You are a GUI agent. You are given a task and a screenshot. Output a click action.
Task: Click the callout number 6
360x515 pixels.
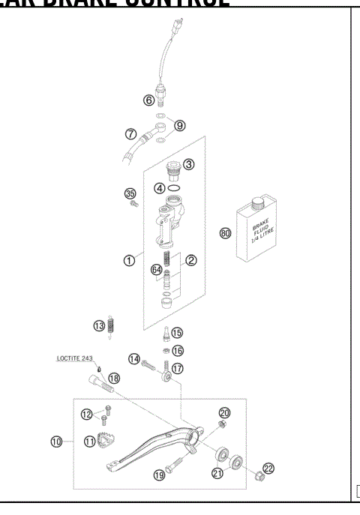(x=149, y=100)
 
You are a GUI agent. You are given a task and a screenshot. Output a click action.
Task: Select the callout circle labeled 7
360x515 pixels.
(x=130, y=135)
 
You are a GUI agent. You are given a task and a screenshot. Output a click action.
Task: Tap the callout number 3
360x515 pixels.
(x=189, y=164)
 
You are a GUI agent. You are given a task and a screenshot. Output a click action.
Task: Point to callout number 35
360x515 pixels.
(x=129, y=193)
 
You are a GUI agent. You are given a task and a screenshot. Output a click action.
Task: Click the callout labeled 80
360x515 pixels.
(x=225, y=232)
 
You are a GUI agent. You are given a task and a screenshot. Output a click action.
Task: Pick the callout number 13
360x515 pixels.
(x=99, y=325)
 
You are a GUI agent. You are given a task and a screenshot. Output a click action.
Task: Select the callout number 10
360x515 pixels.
(x=56, y=442)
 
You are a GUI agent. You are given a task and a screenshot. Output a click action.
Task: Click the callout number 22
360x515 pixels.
(x=268, y=468)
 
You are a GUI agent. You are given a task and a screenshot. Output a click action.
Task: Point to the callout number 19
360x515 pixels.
(x=158, y=475)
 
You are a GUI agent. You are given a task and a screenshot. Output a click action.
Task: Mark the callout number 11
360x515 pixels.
(x=90, y=442)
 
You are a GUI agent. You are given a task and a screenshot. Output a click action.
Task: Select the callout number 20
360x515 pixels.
(x=223, y=413)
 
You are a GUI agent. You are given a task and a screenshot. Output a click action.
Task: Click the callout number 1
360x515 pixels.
(x=129, y=261)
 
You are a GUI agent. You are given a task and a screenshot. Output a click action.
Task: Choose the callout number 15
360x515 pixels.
(x=177, y=333)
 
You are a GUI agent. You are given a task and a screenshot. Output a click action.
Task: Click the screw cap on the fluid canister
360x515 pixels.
(x=259, y=201)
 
